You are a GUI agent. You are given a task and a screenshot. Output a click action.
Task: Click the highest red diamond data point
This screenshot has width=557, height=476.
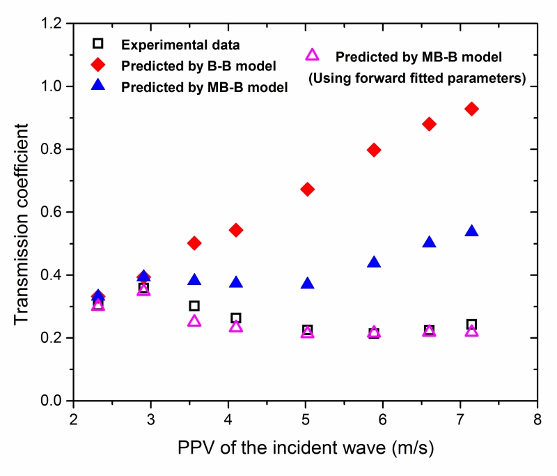[x=471, y=109]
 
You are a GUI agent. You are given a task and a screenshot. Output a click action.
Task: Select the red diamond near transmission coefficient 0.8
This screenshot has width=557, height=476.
[x=374, y=150]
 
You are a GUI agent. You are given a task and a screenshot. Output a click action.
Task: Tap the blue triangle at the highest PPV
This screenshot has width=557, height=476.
[x=471, y=231]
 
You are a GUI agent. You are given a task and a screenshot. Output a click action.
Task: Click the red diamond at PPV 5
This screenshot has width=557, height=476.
[x=307, y=190]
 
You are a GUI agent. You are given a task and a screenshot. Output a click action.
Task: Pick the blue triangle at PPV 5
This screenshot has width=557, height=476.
[x=307, y=283]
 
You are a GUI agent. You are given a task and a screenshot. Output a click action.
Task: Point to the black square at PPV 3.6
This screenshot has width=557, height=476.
[x=194, y=306]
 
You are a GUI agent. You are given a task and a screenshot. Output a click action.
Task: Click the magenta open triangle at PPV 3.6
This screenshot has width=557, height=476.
[x=194, y=321]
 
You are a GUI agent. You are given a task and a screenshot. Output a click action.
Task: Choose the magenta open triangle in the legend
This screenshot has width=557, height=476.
[x=313, y=55]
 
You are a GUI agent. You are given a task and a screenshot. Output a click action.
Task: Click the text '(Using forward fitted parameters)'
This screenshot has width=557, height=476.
[x=417, y=78]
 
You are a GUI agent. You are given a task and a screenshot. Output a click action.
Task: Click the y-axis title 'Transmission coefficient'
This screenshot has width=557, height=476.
[x=22, y=213]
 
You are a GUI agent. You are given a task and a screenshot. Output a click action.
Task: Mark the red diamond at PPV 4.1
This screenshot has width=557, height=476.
[x=235, y=230]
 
